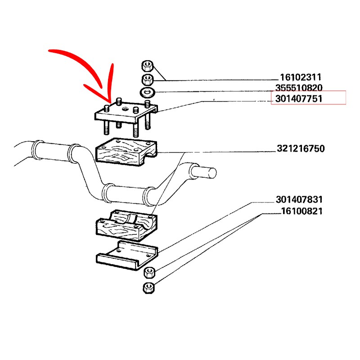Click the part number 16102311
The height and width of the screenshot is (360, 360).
coord(301,77)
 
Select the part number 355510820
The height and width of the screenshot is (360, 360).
coord(299,88)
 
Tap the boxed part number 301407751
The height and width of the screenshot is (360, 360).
coord(299,99)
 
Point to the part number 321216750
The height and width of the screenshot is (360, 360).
coord(301,148)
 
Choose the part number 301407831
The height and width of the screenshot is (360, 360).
coord(299,199)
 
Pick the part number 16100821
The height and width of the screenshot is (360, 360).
coord(301,211)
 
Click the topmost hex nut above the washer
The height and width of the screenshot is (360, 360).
coord(147,66)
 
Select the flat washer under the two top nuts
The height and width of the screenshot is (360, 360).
coord(148,92)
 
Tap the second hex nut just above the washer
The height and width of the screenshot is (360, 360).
coord(148,80)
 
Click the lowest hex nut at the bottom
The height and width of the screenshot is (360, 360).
coord(148,288)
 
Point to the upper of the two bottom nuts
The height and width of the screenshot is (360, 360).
coord(149,272)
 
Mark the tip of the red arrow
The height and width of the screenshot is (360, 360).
coord(111,103)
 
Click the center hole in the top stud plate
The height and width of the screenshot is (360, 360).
coord(125,109)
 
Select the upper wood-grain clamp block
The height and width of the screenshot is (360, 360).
coord(126,152)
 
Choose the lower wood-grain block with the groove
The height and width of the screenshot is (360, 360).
coord(126,225)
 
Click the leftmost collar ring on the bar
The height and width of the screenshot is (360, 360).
coord(37,150)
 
